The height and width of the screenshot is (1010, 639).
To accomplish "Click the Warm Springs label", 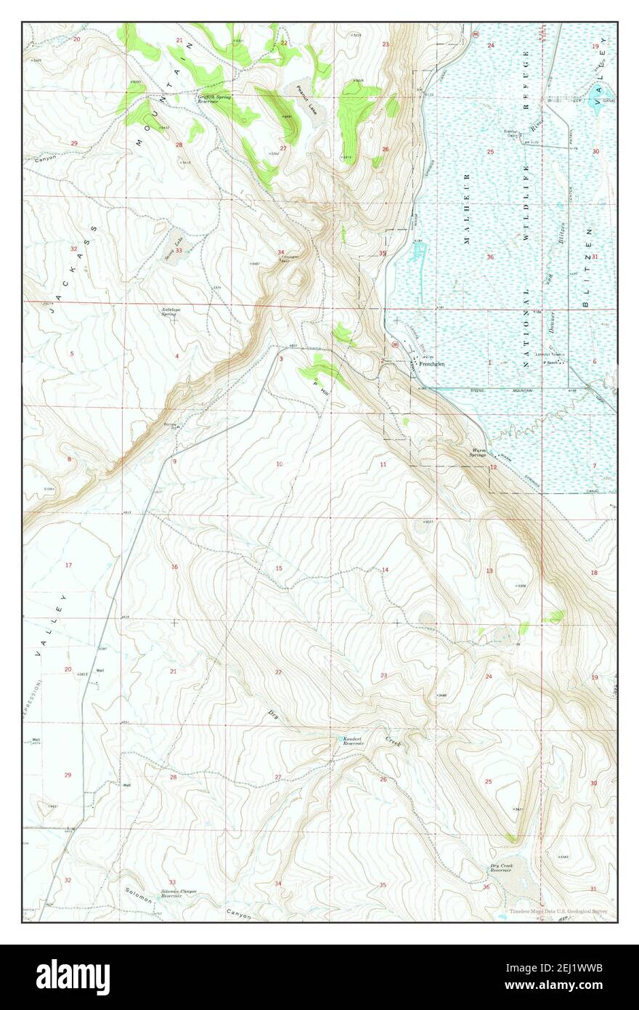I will (479, 453).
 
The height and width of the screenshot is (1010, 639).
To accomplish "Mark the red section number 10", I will (279, 464).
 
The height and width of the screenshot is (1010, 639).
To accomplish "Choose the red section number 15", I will (278, 567).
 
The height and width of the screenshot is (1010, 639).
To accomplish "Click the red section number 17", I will (68, 565).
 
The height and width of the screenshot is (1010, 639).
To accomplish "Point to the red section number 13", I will (489, 570).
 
